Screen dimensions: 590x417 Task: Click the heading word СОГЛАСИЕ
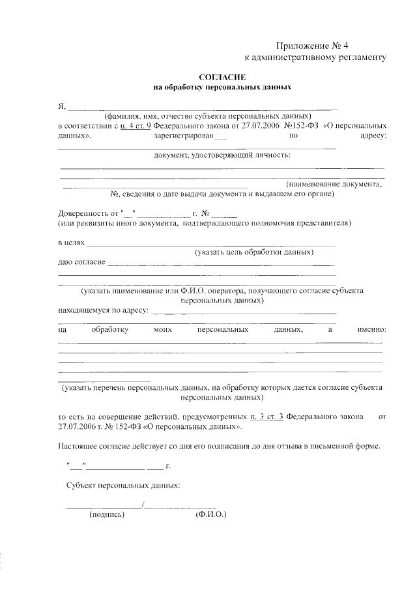pyautogui.click(x=222, y=77)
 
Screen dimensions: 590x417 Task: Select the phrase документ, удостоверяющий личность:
pyautogui.click(x=222, y=155)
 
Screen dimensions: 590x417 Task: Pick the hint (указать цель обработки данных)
pyautogui.click(x=254, y=252)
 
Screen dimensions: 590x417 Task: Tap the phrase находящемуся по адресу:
pyautogui.click(x=103, y=310)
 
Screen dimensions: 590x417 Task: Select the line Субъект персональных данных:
pyautogui.click(x=123, y=486)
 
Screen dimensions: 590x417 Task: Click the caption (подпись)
pyautogui.click(x=107, y=514)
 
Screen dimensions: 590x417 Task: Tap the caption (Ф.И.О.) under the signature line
pyautogui.click(x=210, y=514)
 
